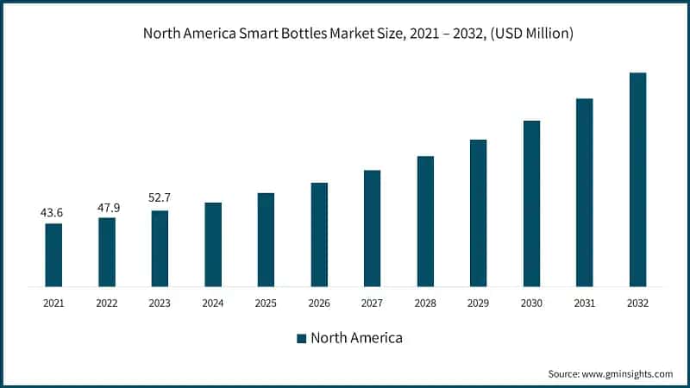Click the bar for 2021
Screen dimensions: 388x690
[53, 254]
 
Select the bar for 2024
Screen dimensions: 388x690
[213, 244]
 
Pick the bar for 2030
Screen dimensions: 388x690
[531, 203]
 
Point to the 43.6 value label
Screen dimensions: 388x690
[53, 213]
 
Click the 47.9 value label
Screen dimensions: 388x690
[106, 207]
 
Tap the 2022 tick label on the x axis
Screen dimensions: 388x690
[107, 304]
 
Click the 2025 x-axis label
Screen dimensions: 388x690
[267, 304]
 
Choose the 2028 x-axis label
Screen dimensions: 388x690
[425, 304]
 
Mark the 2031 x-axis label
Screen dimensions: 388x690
[585, 304]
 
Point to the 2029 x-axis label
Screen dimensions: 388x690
[479, 304]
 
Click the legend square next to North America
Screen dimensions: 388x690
[301, 338]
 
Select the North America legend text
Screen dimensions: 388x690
[356, 338]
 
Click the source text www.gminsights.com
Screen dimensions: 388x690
[626, 373]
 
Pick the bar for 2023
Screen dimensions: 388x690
[160, 248]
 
